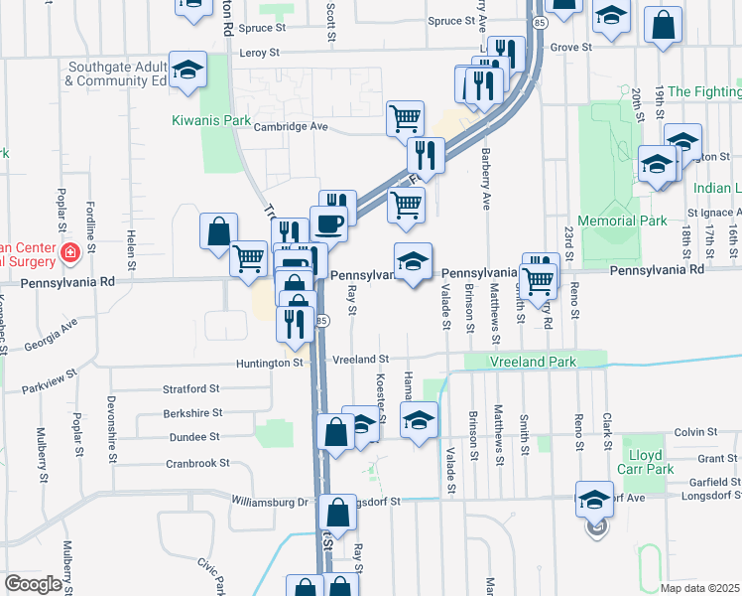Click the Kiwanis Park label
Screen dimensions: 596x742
point(209,119)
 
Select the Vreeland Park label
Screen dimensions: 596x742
point(534,363)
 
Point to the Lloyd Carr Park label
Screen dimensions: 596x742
point(646,461)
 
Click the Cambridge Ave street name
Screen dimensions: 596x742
point(290,127)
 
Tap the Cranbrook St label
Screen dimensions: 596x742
point(197,463)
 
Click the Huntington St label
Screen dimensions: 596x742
point(269,364)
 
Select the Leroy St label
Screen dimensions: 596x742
point(261,53)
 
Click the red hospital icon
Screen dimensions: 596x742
point(69,252)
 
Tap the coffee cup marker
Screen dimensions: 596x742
point(329,223)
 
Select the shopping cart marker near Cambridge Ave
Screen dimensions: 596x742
point(405,118)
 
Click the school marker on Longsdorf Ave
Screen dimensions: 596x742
point(594,500)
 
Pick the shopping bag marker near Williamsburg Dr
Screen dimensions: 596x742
point(337,514)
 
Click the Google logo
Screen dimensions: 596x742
point(32,584)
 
